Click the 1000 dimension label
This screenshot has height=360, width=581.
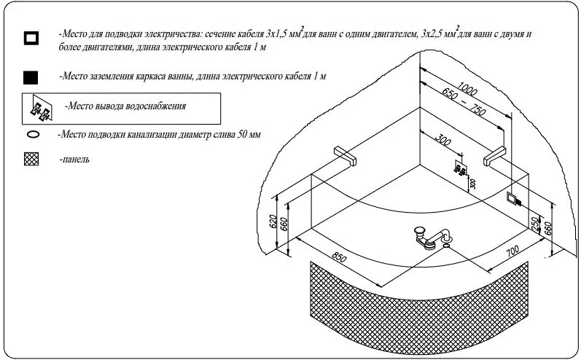point(467,88)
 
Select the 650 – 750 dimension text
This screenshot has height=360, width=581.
point(463,101)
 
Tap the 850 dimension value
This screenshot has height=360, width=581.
point(339,257)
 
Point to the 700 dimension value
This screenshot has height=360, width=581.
point(512,251)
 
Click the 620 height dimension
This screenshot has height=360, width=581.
point(273,221)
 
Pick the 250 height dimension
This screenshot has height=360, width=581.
point(534,224)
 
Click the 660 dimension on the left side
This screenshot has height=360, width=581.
point(284,224)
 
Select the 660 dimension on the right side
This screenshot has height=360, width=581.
point(548,228)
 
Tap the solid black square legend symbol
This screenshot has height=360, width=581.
point(31,78)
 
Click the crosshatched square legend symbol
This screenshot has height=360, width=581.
point(31,160)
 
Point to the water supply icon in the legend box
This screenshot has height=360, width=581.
point(41,109)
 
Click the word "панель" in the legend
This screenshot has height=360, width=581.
point(77,160)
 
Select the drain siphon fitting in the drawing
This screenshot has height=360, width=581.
point(432,238)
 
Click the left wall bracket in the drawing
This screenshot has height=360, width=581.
point(345,155)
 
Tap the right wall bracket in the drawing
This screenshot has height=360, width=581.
point(495,155)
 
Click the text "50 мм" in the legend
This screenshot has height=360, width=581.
point(249,133)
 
